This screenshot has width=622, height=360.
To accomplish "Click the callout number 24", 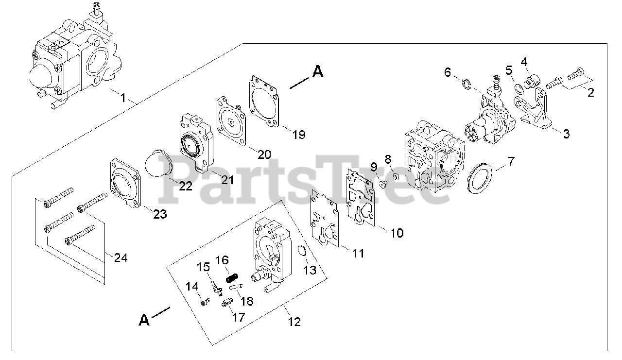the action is [121, 258].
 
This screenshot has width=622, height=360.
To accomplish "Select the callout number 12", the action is [294, 321].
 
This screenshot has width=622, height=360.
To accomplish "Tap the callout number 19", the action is [299, 135].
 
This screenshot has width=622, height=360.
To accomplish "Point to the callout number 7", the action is [511, 161].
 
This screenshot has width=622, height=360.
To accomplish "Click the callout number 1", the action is [123, 98].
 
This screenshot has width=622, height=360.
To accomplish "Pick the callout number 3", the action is [566, 134].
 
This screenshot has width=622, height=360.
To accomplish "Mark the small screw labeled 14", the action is [205, 303].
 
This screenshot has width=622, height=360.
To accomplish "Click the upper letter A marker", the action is [317, 71].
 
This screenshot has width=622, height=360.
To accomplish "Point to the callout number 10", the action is [397, 233].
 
